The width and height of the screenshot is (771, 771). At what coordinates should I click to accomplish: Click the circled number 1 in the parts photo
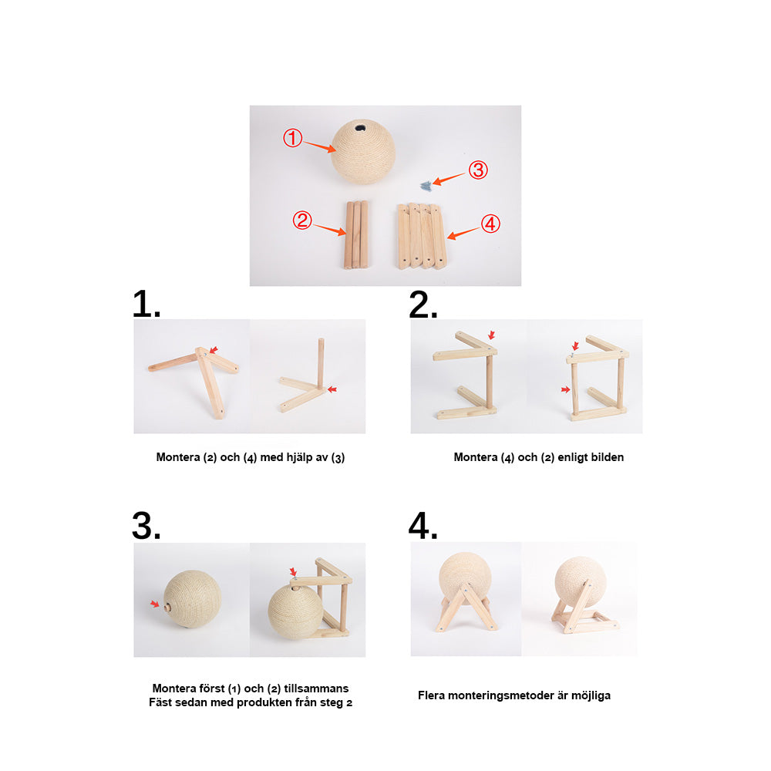(292, 138)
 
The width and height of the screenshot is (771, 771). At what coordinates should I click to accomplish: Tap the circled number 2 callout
(302, 220)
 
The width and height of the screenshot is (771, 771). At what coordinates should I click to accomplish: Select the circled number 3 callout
(478, 170)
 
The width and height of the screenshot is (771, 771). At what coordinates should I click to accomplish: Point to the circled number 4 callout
(490, 224)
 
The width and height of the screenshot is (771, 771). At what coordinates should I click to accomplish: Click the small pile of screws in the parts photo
(426, 186)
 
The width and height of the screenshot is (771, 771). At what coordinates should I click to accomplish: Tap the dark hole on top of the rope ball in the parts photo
(360, 128)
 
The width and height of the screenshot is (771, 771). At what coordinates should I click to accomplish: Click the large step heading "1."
(146, 304)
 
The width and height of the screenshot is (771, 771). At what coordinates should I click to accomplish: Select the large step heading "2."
(423, 305)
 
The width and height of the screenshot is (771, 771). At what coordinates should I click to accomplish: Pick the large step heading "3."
(146, 526)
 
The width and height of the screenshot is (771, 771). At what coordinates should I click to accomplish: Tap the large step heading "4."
(423, 526)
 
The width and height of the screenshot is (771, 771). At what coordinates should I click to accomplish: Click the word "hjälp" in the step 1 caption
(300, 458)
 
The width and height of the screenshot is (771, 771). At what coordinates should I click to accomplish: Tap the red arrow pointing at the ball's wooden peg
(155, 604)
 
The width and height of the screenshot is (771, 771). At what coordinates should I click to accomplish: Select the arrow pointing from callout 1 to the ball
(319, 146)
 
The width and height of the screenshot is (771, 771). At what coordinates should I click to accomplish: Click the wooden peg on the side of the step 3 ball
(167, 608)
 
